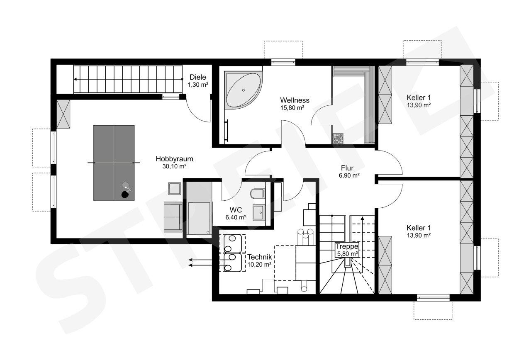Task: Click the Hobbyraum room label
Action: [174, 159]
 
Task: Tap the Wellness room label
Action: [295, 100]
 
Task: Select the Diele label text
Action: [198, 77]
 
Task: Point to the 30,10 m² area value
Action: [174, 166]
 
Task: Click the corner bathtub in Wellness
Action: [243, 90]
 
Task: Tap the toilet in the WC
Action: [257, 194]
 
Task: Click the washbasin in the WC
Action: [258, 212]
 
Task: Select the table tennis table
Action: [114, 163]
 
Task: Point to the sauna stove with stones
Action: [338, 139]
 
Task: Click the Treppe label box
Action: [347, 250]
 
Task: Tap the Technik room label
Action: [260, 257]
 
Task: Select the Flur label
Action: [347, 168]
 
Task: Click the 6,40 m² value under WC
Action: [236, 217]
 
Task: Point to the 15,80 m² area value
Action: [292, 108]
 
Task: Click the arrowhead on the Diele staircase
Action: [75, 79]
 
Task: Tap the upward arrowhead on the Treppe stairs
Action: [363, 218]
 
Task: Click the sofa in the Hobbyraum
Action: [173, 217]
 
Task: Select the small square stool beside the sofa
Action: [175, 189]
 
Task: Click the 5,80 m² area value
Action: [347, 254]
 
